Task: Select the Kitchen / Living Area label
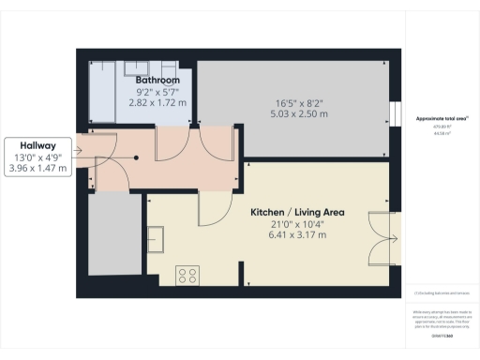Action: (x=297, y=213)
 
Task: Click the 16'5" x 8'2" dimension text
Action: (x=301, y=103)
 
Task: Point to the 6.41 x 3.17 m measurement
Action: (x=297, y=235)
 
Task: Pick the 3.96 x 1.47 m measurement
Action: (x=37, y=169)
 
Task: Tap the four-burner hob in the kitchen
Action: (x=187, y=276)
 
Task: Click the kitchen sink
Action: (x=157, y=239)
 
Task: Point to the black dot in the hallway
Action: (x=137, y=157)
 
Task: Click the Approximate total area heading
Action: (x=442, y=119)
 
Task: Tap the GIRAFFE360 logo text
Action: (x=441, y=335)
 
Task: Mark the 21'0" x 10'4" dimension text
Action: (x=297, y=224)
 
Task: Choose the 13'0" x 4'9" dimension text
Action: (x=37, y=157)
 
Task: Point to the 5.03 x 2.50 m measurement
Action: (x=301, y=114)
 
